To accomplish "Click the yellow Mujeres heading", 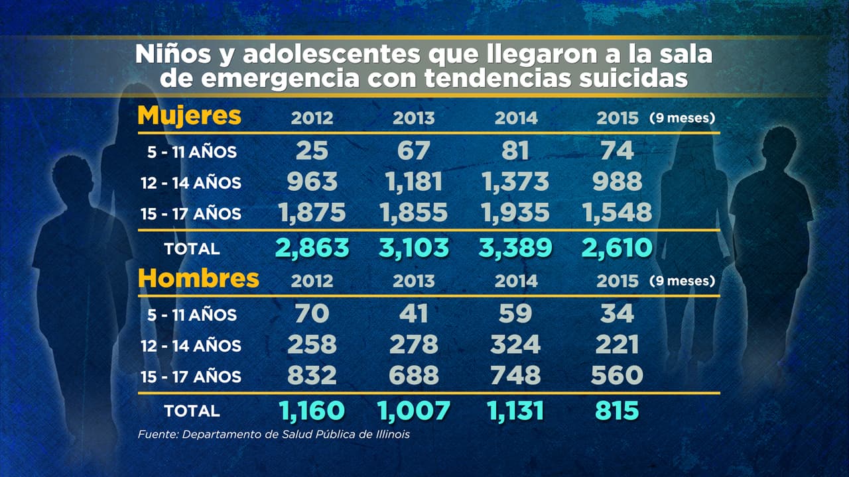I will coord(189,116).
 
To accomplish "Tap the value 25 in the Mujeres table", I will coord(312,151).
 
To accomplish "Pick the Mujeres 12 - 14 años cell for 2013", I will coord(414,182).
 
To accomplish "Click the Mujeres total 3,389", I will coord(515,247).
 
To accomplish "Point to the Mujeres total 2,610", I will coord(617,247).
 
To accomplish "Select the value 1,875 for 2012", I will coord(312,213).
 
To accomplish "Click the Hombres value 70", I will coord(312,313).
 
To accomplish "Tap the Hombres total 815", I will coord(617,411).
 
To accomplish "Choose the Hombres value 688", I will coord(414,376).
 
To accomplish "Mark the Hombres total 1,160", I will coord(312,411).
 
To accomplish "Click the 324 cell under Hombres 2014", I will coord(515,344).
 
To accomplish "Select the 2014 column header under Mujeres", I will coord(515,119).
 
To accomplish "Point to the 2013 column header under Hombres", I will coord(414,281).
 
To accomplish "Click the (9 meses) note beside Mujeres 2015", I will coord(682,119).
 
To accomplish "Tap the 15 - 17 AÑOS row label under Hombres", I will coord(191,377).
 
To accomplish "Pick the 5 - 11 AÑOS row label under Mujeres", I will coord(191,152).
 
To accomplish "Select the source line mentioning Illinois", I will coord(274,435).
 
